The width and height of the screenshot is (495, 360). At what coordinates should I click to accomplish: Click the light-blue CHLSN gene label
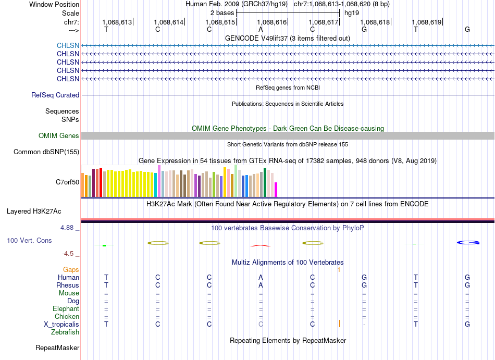click(x=68, y=45)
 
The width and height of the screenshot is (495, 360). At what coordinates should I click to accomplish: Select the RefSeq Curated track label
click(x=55, y=95)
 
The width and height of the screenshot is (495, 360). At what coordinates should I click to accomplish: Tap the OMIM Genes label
click(x=59, y=135)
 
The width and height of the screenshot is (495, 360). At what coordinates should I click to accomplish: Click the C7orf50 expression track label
click(x=68, y=182)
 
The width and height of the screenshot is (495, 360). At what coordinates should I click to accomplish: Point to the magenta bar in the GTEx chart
click(x=276, y=190)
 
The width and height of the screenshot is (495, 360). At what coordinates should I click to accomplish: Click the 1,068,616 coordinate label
click(x=272, y=22)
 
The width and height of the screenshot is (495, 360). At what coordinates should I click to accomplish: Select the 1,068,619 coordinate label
click(x=427, y=22)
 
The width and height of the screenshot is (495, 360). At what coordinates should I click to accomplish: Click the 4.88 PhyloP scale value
click(x=67, y=228)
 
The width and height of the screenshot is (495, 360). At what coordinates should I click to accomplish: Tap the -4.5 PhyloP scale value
click(x=68, y=254)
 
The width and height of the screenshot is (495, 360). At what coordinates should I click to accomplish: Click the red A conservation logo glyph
click(x=261, y=245)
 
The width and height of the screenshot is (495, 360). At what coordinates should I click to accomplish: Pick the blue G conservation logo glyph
click(x=468, y=243)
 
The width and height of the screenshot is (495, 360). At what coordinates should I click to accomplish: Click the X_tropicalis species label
click(x=61, y=325)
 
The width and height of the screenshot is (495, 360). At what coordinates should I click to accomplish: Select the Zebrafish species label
click(x=65, y=332)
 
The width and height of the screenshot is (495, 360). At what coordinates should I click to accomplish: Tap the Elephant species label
click(x=66, y=308)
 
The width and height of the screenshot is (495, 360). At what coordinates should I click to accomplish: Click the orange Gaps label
click(x=71, y=269)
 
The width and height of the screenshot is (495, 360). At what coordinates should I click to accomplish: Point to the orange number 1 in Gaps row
click(x=339, y=270)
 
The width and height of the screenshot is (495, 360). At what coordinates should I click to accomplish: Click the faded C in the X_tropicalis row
click(x=261, y=325)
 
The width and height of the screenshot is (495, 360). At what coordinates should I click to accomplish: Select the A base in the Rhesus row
click(x=261, y=285)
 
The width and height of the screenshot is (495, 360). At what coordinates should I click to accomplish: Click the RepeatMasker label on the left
click(x=57, y=347)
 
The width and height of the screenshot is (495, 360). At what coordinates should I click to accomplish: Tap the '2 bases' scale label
click(x=222, y=13)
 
